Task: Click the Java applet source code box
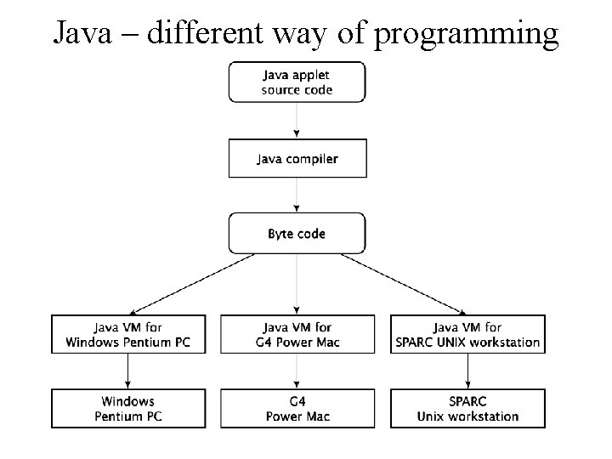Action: pos(297,82)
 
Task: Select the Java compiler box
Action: pos(297,158)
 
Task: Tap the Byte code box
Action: pos(297,233)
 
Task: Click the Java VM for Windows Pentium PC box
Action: pos(127,334)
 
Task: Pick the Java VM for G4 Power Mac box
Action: pos(297,334)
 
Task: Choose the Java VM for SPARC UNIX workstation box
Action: pos(467,334)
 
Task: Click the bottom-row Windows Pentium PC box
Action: pos(127,408)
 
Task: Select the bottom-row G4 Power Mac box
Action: pos(297,408)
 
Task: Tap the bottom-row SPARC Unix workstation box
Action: pos(467,408)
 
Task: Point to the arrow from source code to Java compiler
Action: pos(297,120)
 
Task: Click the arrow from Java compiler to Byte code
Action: pos(297,195)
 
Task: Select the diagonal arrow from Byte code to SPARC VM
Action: pos(401,284)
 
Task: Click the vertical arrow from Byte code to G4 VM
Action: pos(297,284)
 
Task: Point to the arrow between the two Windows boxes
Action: pos(127,371)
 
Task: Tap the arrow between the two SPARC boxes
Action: pos(467,371)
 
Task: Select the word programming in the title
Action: pos(466,34)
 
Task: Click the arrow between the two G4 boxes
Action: pos(297,371)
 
